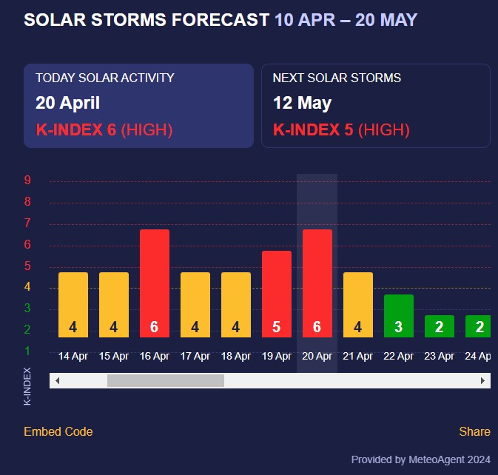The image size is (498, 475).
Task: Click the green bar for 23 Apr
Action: point(440,326)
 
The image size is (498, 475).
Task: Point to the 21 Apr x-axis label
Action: point(358,356)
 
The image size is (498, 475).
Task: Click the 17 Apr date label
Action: point(195,356)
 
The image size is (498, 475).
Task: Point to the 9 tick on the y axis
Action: point(27,180)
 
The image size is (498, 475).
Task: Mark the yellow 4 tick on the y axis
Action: point(27,287)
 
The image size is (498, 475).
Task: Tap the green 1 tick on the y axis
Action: point(27,351)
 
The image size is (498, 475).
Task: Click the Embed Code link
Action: point(58,431)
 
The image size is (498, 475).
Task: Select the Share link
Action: point(474,431)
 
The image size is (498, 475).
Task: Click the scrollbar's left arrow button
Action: point(57,380)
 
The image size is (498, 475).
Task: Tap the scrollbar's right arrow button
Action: point(482,380)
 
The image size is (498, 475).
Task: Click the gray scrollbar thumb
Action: point(165,380)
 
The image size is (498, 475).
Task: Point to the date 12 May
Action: point(302,103)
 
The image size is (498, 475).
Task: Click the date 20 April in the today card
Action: point(67,103)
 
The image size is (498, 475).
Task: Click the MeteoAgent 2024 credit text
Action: point(420,459)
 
